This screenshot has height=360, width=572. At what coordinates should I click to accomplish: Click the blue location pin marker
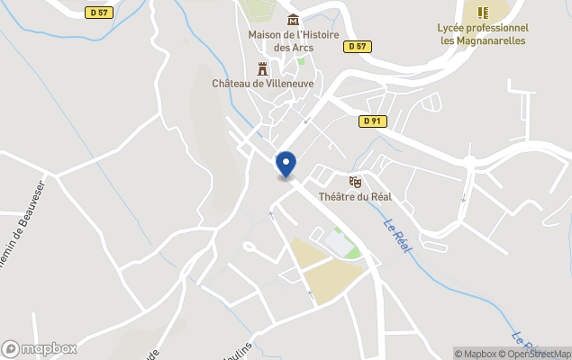(x=286, y=165)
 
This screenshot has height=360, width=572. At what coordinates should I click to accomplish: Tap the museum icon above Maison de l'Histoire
(x=291, y=20)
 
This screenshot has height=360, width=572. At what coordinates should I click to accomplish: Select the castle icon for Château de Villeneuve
(x=263, y=68)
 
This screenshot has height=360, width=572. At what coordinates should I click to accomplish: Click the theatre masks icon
(x=354, y=181)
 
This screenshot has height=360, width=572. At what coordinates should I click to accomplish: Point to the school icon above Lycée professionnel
(x=483, y=13)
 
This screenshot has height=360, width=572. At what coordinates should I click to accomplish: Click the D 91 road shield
(x=370, y=121)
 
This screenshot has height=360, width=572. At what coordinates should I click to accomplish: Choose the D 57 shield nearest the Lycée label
(x=358, y=46)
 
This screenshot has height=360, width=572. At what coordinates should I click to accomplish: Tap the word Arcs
(x=302, y=48)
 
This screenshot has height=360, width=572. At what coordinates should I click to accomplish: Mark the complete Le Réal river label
(x=396, y=236)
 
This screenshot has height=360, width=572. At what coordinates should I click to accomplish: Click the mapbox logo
(x=40, y=348)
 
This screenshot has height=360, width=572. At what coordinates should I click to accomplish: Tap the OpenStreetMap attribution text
(x=539, y=354)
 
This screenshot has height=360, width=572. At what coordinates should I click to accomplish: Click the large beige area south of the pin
(x=324, y=274)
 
